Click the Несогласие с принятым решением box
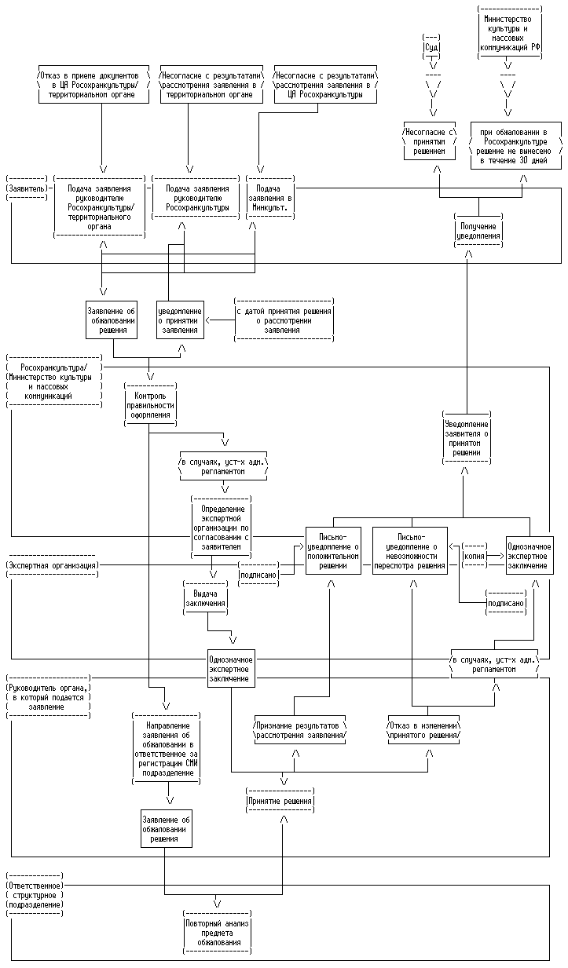point(428,141)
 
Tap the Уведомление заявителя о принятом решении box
point(466,433)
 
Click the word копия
point(474,555)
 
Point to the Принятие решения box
point(280,802)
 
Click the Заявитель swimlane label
point(27,188)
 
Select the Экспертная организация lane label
point(53,565)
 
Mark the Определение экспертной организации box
point(222,526)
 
